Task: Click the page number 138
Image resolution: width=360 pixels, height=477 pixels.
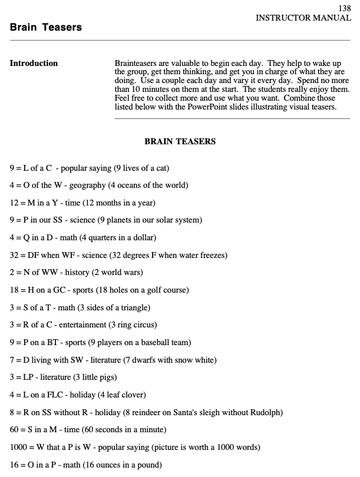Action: [345, 8]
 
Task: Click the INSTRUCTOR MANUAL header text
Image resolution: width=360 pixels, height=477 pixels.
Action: [303, 18]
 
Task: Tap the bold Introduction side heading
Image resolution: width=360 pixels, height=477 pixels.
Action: [34, 64]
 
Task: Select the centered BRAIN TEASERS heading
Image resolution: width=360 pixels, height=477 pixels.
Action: [180, 141]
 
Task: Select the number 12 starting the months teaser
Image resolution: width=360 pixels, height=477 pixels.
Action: [14, 203]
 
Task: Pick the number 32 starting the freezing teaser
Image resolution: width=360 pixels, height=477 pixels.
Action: [14, 255]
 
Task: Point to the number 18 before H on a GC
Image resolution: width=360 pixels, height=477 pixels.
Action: [14, 290]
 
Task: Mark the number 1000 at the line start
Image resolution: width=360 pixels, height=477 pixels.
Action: [18, 447]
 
